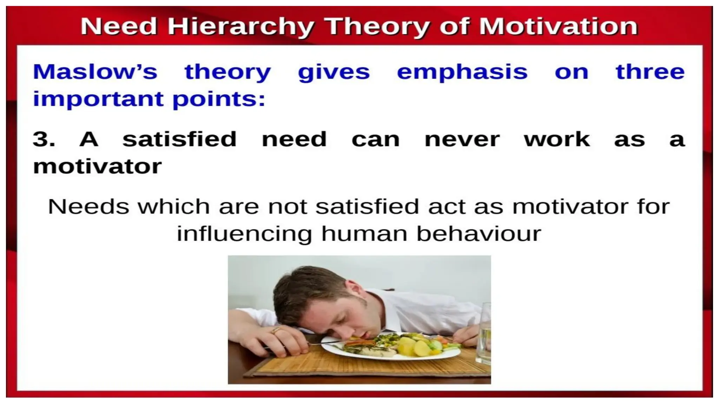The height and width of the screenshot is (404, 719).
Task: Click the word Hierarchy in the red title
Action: (240, 27)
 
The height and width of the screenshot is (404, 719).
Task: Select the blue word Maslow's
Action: (95, 72)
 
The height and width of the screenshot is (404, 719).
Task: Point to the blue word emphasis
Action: (462, 73)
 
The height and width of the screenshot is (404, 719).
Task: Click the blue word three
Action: (650, 72)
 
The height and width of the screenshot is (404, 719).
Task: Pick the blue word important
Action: (98, 99)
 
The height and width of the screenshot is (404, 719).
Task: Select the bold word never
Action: (462, 140)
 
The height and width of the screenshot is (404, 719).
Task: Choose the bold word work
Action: (556, 139)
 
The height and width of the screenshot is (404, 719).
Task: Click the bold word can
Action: (376, 140)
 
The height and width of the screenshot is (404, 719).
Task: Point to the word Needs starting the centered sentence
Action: (88, 207)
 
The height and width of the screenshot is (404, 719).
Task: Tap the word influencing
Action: (244, 234)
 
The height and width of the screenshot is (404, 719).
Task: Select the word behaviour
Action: (479, 234)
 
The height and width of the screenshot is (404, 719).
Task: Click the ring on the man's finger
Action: (276, 330)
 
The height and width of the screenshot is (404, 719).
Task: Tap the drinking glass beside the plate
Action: (484, 333)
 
